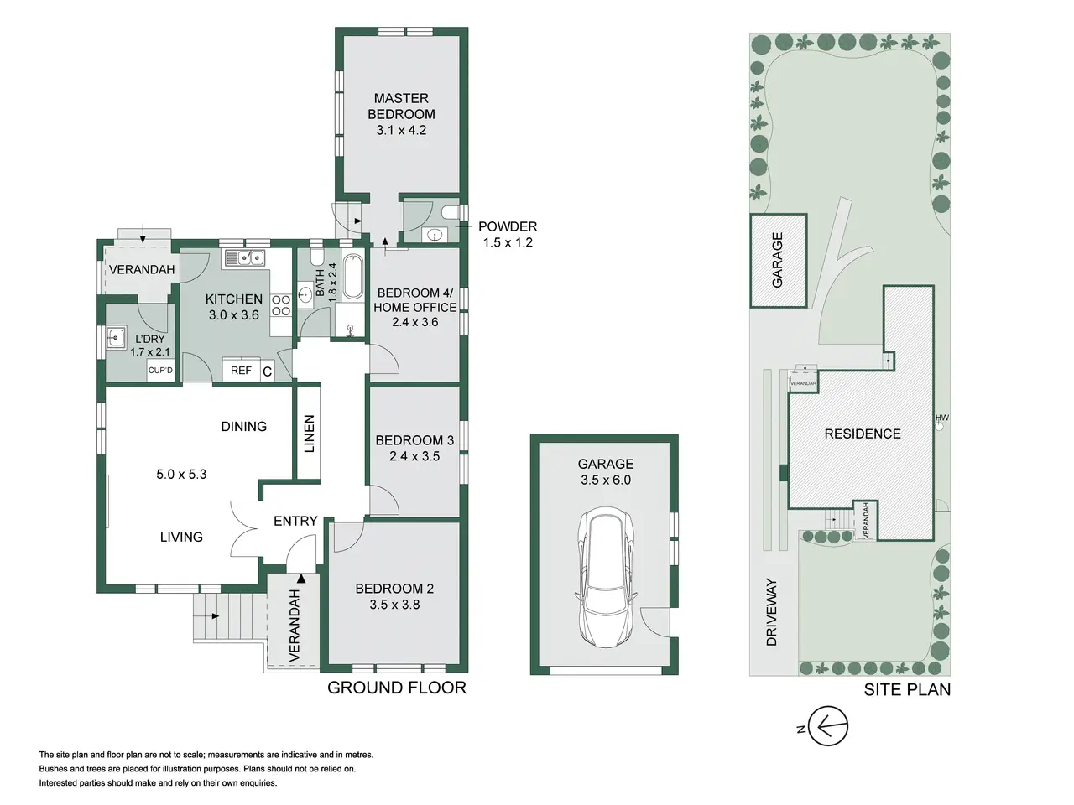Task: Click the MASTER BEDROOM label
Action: [x=401, y=106]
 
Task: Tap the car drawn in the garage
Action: [x=606, y=577]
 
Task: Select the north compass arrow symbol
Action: [x=827, y=726]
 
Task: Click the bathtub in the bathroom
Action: [x=352, y=276]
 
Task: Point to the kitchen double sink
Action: [x=246, y=257]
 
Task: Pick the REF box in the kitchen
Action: [x=241, y=370]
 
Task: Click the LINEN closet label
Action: [x=310, y=434]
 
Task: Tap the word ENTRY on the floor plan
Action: [x=295, y=521]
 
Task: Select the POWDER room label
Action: [x=508, y=226]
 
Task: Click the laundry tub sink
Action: [x=116, y=337]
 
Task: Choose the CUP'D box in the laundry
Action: [x=160, y=371]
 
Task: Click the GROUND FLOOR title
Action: [x=397, y=688]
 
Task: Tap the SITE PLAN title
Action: [x=907, y=689]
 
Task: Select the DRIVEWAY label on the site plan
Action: [x=772, y=612]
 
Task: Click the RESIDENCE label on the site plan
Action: [x=863, y=434]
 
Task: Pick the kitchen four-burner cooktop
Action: [x=281, y=305]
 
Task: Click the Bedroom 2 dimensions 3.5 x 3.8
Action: [x=394, y=605]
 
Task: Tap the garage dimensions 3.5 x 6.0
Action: [x=606, y=480]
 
